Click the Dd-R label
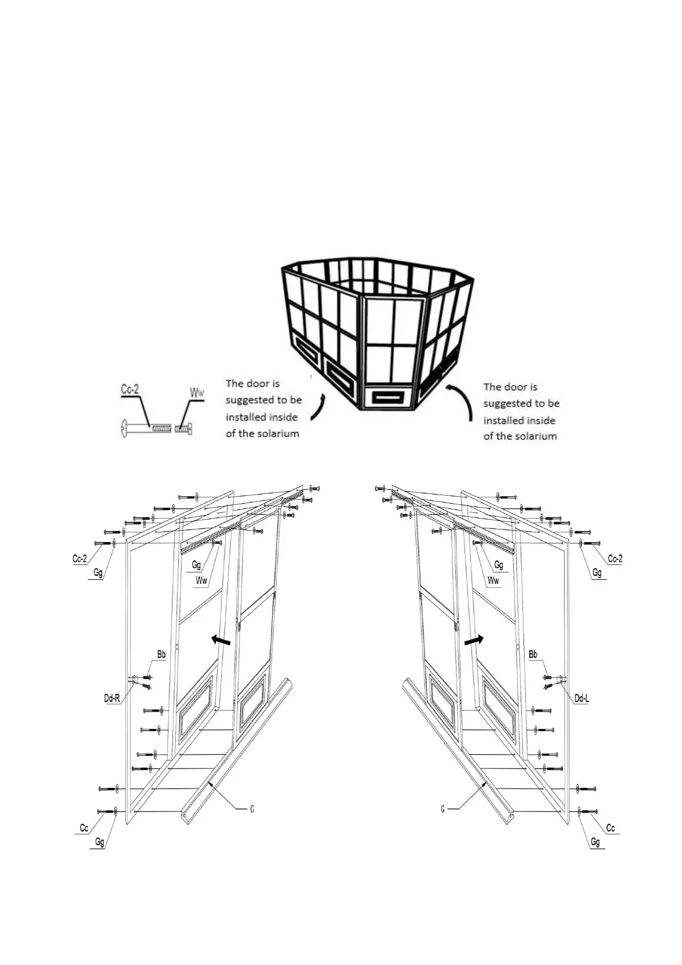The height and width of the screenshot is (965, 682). [x=112, y=698]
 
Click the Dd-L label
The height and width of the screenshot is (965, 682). [x=581, y=698]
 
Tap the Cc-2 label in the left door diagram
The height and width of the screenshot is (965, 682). [x=80, y=559]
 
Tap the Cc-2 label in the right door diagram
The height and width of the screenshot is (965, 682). [x=614, y=559]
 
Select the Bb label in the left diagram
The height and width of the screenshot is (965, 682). [x=161, y=654]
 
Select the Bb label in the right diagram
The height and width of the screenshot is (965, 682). [x=533, y=654]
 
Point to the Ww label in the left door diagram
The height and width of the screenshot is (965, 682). [x=201, y=580]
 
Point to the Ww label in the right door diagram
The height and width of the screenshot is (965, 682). [x=493, y=580]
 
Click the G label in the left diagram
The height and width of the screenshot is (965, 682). [x=252, y=809]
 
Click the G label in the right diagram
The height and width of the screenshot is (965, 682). [x=443, y=809]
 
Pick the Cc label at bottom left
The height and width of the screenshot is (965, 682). [x=84, y=827]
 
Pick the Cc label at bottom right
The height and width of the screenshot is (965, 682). [x=610, y=827]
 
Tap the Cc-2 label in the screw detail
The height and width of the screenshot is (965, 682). [x=130, y=389]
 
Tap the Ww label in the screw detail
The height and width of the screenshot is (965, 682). [x=197, y=393]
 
